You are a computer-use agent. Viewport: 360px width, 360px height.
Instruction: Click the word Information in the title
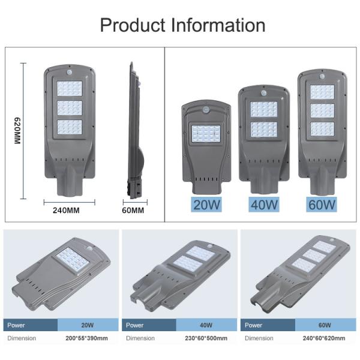[217, 25]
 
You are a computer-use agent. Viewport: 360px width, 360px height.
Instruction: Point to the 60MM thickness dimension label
[133, 211]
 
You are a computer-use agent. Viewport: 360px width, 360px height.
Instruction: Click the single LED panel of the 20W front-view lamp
[206, 133]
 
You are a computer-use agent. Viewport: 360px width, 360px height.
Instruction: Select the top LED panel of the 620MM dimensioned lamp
[69, 88]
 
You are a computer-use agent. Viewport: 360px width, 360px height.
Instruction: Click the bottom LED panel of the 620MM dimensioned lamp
[69, 127]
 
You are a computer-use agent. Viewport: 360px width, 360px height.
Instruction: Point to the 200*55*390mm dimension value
[87, 338]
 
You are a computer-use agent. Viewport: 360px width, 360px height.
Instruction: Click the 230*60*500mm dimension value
[206, 338]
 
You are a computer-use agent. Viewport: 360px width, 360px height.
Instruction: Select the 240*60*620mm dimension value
[325, 338]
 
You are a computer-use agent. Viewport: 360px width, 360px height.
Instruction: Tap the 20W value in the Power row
[88, 325]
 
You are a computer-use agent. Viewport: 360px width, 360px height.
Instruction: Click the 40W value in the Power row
[206, 325]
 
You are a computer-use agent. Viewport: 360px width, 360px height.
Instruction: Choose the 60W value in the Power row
[325, 325]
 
